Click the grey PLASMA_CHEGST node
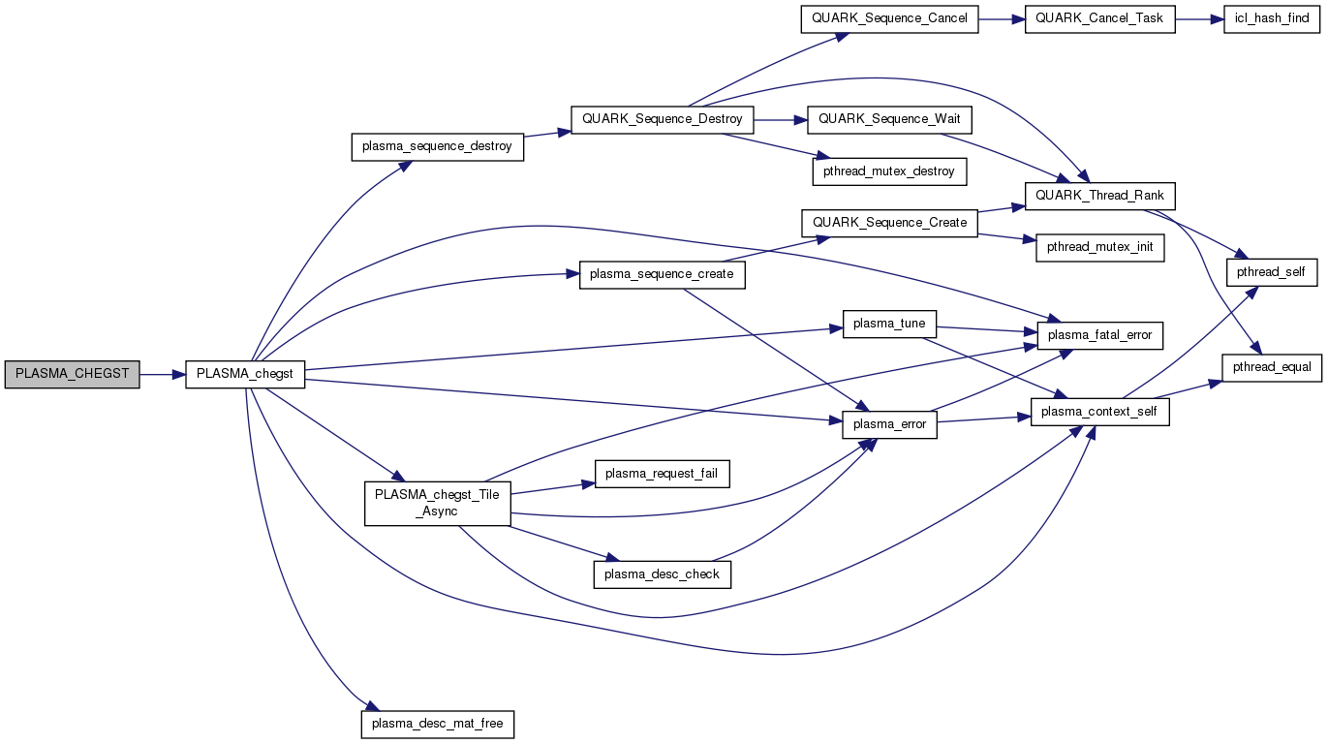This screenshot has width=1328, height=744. (x=73, y=373)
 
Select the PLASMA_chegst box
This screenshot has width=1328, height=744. (x=245, y=373)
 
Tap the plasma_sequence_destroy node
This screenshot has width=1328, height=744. (x=436, y=147)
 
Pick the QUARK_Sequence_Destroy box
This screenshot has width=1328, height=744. (x=663, y=119)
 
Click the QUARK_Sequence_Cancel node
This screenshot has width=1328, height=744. (x=890, y=18)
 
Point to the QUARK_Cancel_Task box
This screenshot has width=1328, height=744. (x=1100, y=18)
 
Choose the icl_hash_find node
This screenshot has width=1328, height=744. (x=1272, y=18)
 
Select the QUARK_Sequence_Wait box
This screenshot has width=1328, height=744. (x=890, y=119)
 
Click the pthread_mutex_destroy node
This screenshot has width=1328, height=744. (x=890, y=171)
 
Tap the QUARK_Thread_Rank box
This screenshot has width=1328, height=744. (x=1100, y=195)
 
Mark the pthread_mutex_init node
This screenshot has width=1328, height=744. (x=1100, y=247)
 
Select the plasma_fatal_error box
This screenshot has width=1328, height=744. (x=1100, y=335)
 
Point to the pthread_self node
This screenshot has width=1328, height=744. (x=1272, y=273)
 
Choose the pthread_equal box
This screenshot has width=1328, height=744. (x=1272, y=367)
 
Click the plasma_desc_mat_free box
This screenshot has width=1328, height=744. (x=437, y=724)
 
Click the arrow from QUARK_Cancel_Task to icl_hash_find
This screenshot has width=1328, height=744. (x=1199, y=18)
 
